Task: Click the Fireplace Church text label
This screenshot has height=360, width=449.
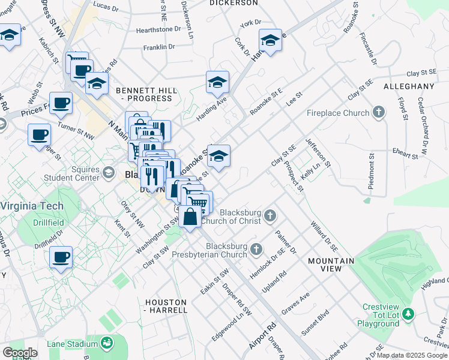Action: pos(336,113)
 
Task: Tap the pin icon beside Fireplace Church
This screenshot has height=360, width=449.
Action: pos(378,112)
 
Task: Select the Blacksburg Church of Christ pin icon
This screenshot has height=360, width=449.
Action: pos(271,215)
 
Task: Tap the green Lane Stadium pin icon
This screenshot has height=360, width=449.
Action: pos(107,343)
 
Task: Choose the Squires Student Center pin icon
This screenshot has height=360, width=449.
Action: pos(108,173)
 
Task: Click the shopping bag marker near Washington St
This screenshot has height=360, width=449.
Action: pos(190,217)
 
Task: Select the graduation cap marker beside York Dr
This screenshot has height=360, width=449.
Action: pos(271,41)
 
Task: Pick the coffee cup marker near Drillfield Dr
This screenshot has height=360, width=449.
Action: pos(61,258)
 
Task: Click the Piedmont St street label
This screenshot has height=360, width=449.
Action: pos(372,173)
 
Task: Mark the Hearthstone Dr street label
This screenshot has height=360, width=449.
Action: pos(158,29)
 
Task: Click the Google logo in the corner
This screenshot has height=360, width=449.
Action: pos(20,353)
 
